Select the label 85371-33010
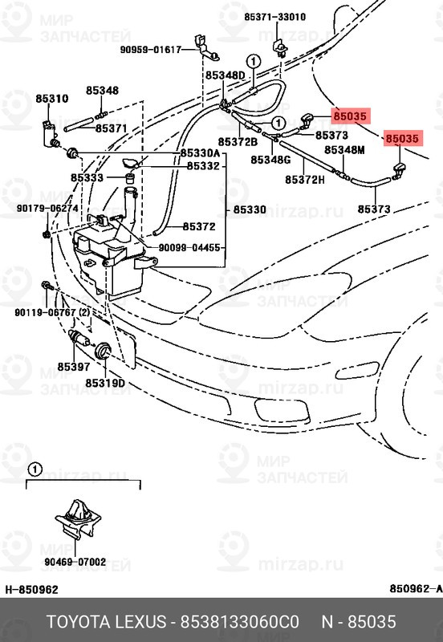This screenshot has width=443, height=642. tap(275, 16)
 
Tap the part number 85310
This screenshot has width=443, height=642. tap(51, 99)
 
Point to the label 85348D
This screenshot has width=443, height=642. tap(225, 75)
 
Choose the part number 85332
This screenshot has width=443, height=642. tap(203, 166)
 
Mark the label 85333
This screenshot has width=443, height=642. tap(86, 178)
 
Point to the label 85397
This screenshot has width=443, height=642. tap(73, 367)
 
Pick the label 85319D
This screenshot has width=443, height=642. tap(105, 383)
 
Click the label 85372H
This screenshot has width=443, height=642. tap(305, 179)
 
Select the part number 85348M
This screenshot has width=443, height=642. tap(344, 150)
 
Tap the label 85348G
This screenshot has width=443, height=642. tap(270, 160)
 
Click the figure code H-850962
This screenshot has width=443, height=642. tap(32, 590)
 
